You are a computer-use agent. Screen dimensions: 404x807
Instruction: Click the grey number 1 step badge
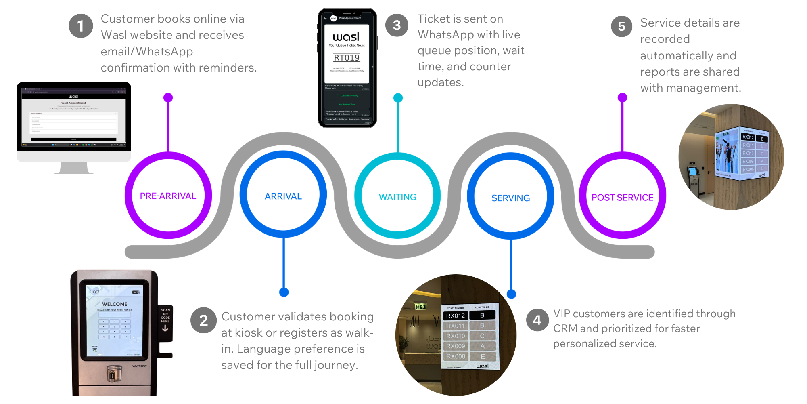(81, 26)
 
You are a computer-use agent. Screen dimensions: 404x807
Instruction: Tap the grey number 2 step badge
(203, 320)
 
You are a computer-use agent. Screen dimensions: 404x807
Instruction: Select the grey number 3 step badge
(397, 25)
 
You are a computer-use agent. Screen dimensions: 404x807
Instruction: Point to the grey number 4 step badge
(537, 320)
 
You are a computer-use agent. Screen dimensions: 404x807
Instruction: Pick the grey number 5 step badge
(622, 26)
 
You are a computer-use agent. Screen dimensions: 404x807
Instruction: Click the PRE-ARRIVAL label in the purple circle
(168, 196)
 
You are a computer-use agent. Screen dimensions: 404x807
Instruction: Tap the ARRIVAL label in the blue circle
(283, 196)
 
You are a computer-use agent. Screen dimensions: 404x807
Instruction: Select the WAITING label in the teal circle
(397, 197)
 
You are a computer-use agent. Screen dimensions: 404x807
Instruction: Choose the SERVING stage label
(510, 198)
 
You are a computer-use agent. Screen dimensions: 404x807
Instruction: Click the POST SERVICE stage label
(622, 198)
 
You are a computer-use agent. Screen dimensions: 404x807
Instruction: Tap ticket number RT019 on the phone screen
(347, 58)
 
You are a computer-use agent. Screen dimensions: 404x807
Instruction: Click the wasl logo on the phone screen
(346, 37)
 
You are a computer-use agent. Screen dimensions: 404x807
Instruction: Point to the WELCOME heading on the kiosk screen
(115, 304)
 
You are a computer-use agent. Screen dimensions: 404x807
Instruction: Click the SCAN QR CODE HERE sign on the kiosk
(165, 316)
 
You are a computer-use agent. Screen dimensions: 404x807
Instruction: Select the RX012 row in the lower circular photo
(456, 316)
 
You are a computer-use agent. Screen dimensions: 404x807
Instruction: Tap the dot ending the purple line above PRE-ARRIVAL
(168, 97)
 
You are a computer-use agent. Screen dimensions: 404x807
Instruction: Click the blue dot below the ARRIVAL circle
(284, 292)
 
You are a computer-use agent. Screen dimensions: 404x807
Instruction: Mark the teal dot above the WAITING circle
(398, 97)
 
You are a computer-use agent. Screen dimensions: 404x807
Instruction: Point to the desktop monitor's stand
(74, 168)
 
